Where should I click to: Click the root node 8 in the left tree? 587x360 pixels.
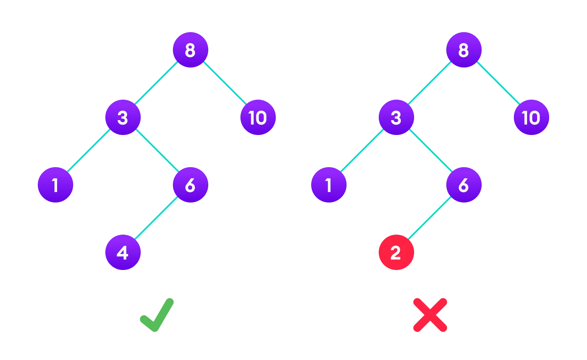(191, 50)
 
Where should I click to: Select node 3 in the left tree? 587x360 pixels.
(123, 117)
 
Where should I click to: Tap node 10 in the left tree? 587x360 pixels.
(258, 117)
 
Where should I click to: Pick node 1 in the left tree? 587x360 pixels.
(55, 185)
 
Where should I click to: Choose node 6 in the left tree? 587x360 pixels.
(191, 185)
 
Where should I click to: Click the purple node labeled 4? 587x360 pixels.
(123, 252)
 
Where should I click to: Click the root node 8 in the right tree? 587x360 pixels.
(464, 50)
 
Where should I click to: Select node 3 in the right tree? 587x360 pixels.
(396, 117)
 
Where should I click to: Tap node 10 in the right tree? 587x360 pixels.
(532, 117)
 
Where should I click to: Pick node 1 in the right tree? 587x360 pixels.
(329, 185)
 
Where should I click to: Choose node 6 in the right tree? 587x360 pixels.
(464, 185)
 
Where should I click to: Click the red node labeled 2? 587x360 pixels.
(396, 252)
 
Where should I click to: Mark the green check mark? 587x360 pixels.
(157, 315)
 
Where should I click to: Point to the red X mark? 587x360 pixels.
(430, 315)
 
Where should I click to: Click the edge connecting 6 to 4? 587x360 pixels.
(157, 219)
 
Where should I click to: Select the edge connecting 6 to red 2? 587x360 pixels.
(430, 219)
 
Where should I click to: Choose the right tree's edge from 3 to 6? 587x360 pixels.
(430, 151)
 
